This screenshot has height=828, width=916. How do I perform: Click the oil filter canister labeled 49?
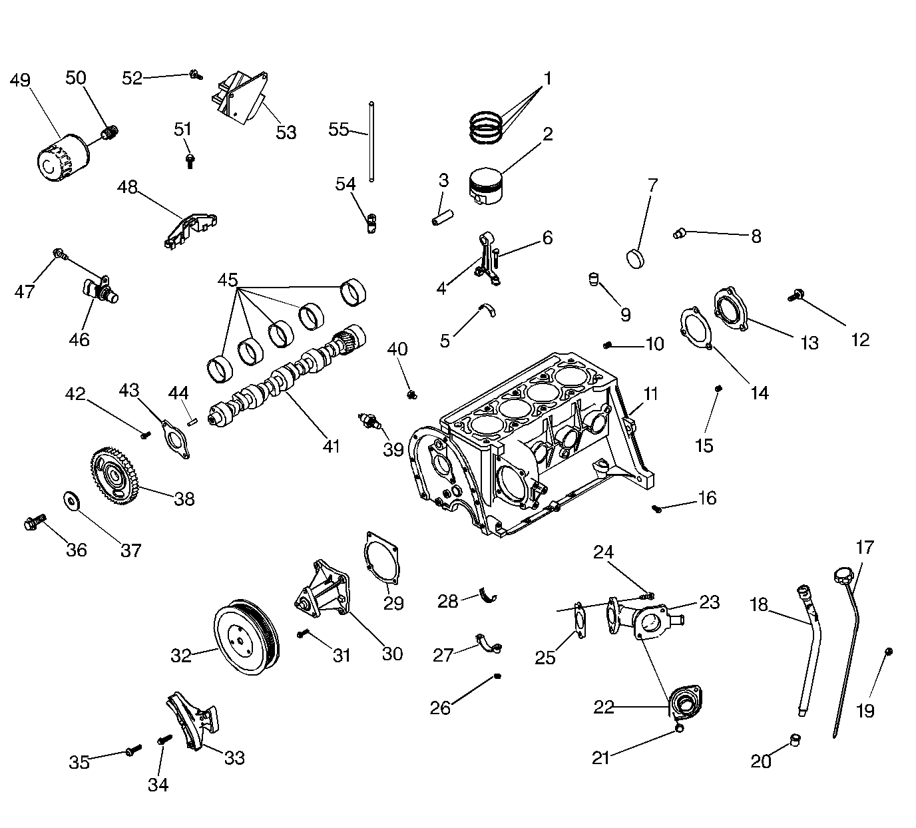61,158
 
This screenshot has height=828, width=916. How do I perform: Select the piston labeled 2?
487,186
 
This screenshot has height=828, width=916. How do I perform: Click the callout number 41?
331,446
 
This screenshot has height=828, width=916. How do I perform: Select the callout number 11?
650,394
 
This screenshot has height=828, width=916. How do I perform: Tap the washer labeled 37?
70,499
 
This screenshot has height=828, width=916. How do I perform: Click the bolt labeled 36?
35,522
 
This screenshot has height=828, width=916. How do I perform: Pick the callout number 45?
228,280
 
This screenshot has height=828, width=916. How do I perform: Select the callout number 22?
604,707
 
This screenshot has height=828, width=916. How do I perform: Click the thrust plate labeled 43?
176,438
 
